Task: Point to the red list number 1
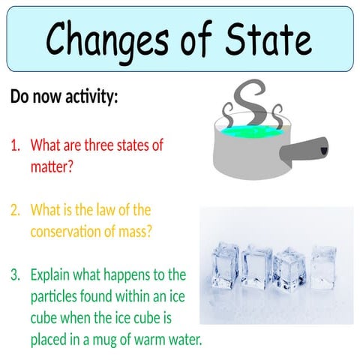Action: coord(15,145)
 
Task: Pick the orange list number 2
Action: coord(15,210)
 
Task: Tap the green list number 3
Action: coord(15,274)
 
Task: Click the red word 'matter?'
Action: coord(52,166)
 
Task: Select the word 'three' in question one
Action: coord(112,145)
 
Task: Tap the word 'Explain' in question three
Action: coord(52,274)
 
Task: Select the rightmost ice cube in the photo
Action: coord(322,266)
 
